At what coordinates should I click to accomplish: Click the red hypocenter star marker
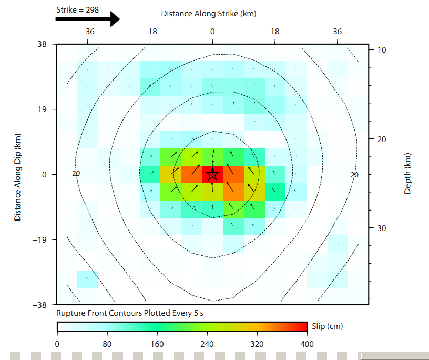212,174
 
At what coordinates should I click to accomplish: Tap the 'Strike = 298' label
77,9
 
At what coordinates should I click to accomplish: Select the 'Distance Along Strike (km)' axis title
209,14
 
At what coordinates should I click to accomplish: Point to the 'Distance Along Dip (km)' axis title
17,175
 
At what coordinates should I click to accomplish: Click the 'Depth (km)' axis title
408,174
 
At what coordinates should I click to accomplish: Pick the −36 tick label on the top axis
87,32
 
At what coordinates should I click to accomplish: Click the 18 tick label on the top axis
275,32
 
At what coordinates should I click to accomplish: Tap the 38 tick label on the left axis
42,44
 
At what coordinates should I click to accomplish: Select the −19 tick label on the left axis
39,240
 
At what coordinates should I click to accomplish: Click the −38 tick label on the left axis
39,305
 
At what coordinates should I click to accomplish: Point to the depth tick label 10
382,49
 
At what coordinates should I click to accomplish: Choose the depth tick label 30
382,228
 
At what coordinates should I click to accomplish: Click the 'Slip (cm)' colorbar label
327,326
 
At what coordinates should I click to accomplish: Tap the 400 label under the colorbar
307,344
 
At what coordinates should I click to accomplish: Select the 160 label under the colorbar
157,344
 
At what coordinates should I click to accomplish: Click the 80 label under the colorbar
107,344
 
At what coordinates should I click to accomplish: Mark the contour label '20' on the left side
76,173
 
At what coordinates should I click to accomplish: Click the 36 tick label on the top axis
338,32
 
